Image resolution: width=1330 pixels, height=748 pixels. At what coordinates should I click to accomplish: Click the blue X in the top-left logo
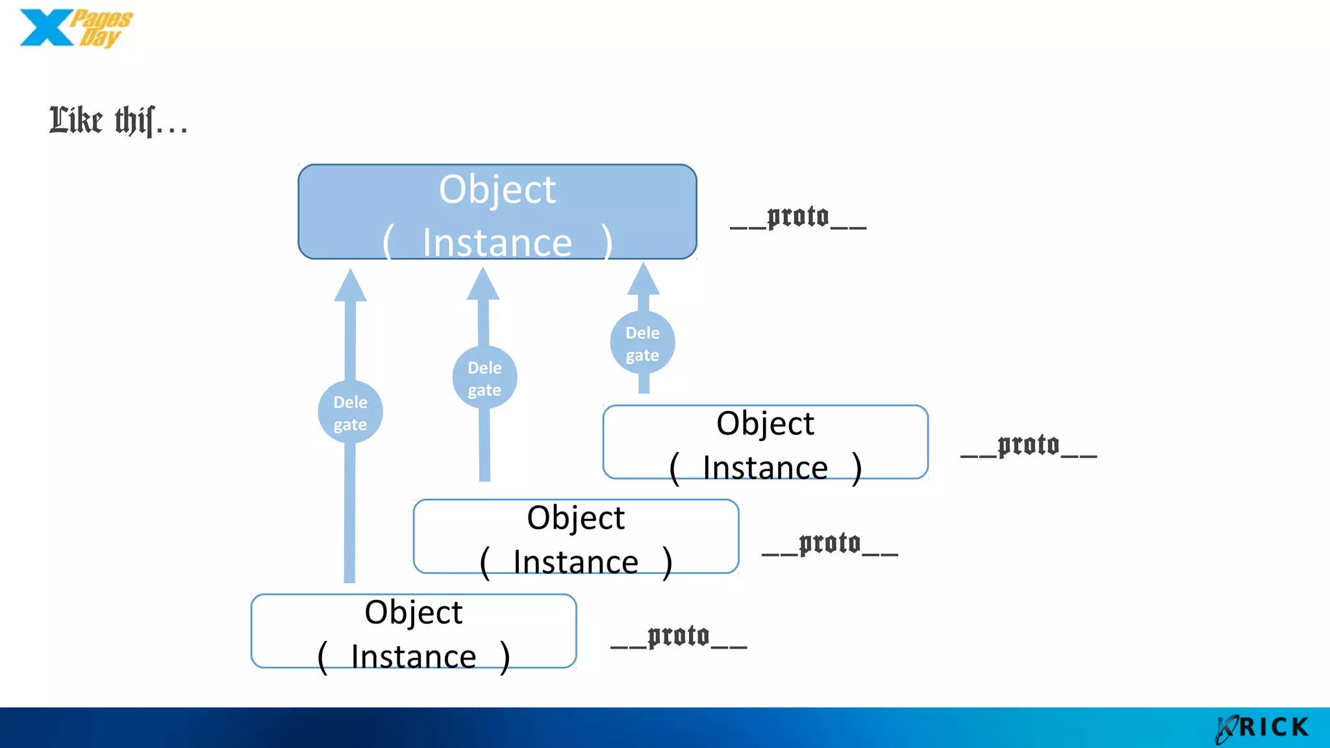pos(45,28)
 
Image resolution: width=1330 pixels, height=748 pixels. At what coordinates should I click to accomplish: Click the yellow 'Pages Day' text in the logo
pos(101,28)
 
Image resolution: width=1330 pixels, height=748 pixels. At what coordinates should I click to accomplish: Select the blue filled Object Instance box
pos(497,212)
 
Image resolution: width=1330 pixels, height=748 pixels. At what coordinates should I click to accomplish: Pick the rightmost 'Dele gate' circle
pos(642,343)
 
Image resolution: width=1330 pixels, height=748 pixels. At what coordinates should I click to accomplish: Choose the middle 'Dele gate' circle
pos(484,378)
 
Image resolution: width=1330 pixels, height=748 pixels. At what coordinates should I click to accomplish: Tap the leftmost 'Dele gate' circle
pos(350,412)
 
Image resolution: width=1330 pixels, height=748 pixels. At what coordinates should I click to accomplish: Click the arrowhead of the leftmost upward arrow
pos(350,286)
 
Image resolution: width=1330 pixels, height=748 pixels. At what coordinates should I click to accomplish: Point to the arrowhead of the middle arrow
pos(483,285)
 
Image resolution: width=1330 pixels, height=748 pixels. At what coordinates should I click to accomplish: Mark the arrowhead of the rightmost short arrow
pos(644,280)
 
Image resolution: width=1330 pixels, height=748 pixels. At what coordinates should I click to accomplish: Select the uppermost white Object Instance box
pos(765,443)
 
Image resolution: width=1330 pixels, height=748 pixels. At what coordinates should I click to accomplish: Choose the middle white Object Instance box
pos(575,537)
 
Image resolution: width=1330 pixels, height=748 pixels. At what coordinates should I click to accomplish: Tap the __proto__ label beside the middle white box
pos(830,545)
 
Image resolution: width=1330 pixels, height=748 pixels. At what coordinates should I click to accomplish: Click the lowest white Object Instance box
pos(414,631)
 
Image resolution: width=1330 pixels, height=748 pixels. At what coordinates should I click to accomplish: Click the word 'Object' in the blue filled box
pos(497,190)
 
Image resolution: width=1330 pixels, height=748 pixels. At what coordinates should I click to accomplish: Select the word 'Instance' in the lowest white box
pos(414,656)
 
